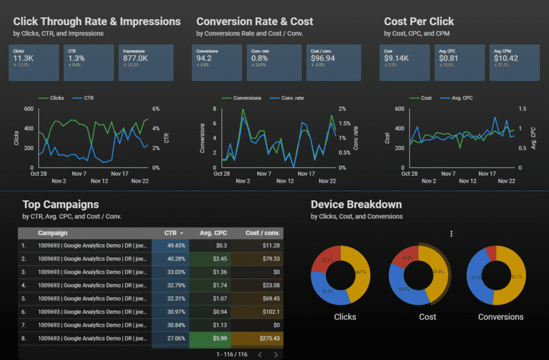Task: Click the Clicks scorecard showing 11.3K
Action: pos(33,62)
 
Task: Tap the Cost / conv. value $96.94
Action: pos(323,58)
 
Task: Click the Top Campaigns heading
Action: pos(61,204)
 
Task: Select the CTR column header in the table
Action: pos(170,233)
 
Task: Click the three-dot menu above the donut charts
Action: pos(451,234)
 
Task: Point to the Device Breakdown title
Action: pos(356,204)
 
